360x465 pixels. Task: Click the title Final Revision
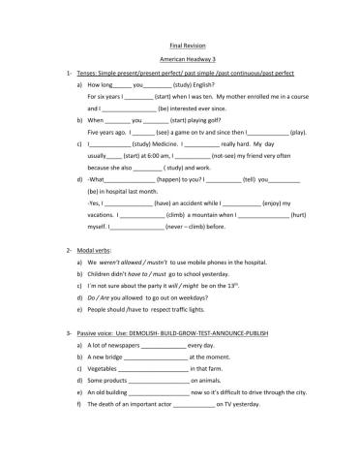[180, 46]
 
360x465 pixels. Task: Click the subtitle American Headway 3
[180, 59]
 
